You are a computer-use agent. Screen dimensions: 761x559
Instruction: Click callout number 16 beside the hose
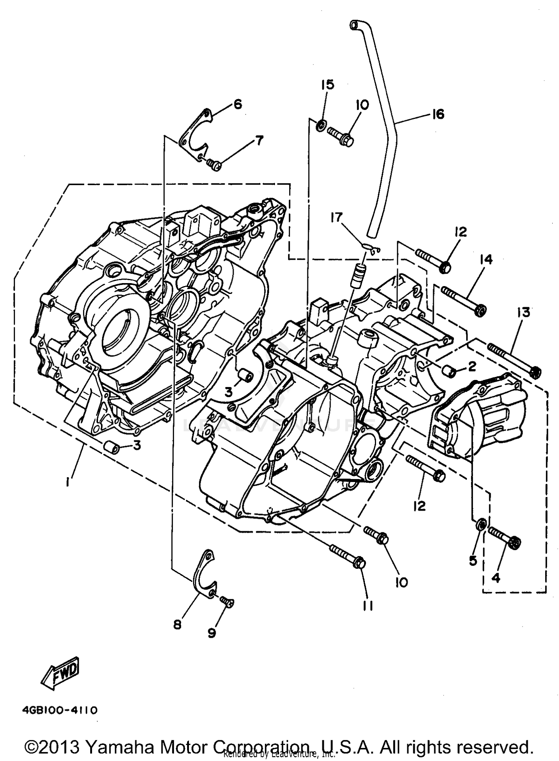click(438, 114)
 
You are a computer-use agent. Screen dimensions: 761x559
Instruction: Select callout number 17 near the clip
click(337, 217)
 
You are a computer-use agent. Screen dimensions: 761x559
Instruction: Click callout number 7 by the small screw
click(259, 140)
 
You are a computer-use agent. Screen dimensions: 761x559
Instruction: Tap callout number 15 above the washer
click(328, 85)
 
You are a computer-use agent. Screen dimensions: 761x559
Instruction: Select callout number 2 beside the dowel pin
click(472, 367)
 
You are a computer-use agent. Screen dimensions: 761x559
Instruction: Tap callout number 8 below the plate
click(177, 625)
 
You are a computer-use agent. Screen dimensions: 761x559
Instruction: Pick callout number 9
click(212, 633)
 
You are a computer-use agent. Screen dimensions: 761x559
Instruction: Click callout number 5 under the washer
click(473, 561)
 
